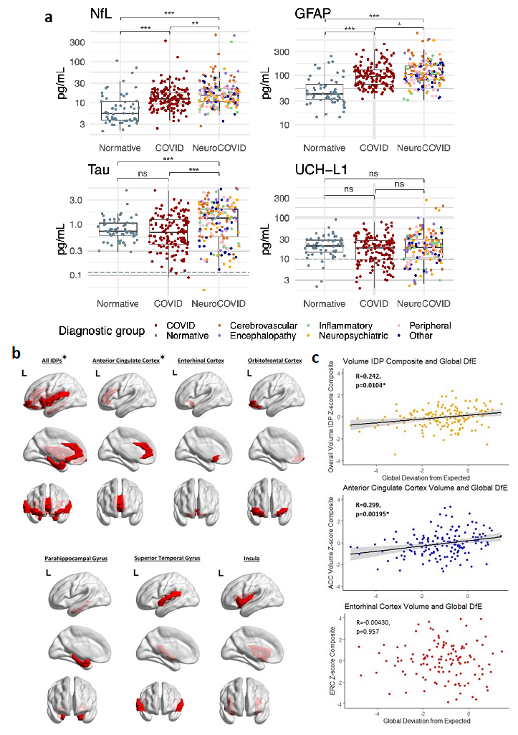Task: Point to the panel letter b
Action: point(16,354)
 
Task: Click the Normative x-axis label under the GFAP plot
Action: point(324,148)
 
